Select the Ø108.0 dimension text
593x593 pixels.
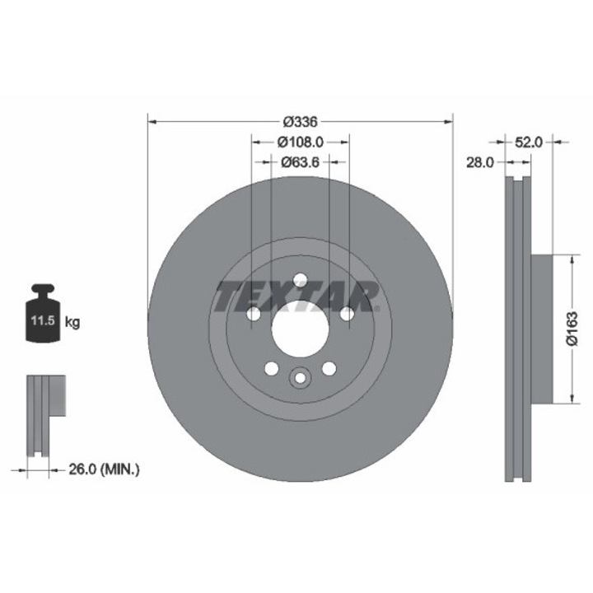click(300, 141)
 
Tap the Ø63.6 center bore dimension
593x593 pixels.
click(300, 161)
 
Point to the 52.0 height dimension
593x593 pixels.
click(528, 142)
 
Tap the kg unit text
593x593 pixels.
click(73, 322)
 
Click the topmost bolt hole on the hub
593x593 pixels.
click(300, 279)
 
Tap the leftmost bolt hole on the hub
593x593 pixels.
click(253, 314)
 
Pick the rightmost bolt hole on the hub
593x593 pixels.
click(347, 314)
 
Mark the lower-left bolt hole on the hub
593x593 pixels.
click(271, 368)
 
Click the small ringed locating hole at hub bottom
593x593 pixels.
click(300, 378)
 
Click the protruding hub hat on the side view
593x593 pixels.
click(540, 329)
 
